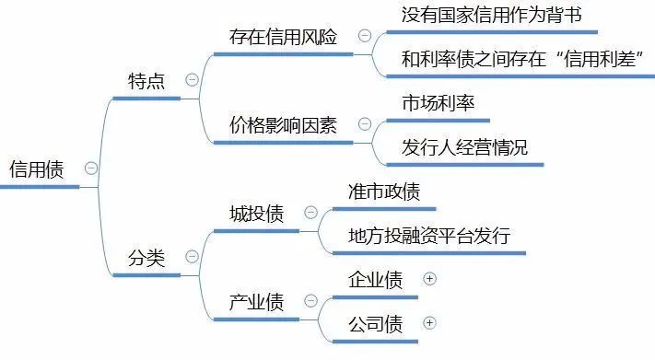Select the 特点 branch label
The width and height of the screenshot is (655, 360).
click(x=146, y=80)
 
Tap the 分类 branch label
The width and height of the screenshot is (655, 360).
click(x=146, y=258)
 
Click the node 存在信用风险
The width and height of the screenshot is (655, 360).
click(x=283, y=38)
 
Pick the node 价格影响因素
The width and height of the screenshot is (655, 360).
click(x=283, y=125)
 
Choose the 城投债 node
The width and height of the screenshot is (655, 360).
click(x=257, y=214)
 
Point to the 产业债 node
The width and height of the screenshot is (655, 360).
click(x=257, y=302)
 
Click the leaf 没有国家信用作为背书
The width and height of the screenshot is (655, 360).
click(x=492, y=16)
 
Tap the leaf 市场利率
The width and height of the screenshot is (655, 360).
click(x=439, y=103)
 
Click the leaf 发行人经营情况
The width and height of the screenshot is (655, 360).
click(x=465, y=147)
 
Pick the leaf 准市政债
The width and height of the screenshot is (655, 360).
click(x=384, y=192)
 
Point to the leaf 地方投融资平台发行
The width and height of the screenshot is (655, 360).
click(x=429, y=236)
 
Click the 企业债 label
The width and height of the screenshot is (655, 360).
click(x=375, y=280)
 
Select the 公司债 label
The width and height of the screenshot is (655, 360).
click(x=375, y=324)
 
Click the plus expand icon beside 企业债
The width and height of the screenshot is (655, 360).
click(x=428, y=279)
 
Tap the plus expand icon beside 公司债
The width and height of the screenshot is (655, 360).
click(x=428, y=323)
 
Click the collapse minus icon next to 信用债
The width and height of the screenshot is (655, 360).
click(x=90, y=168)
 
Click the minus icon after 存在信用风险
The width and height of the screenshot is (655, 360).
click(x=364, y=36)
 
